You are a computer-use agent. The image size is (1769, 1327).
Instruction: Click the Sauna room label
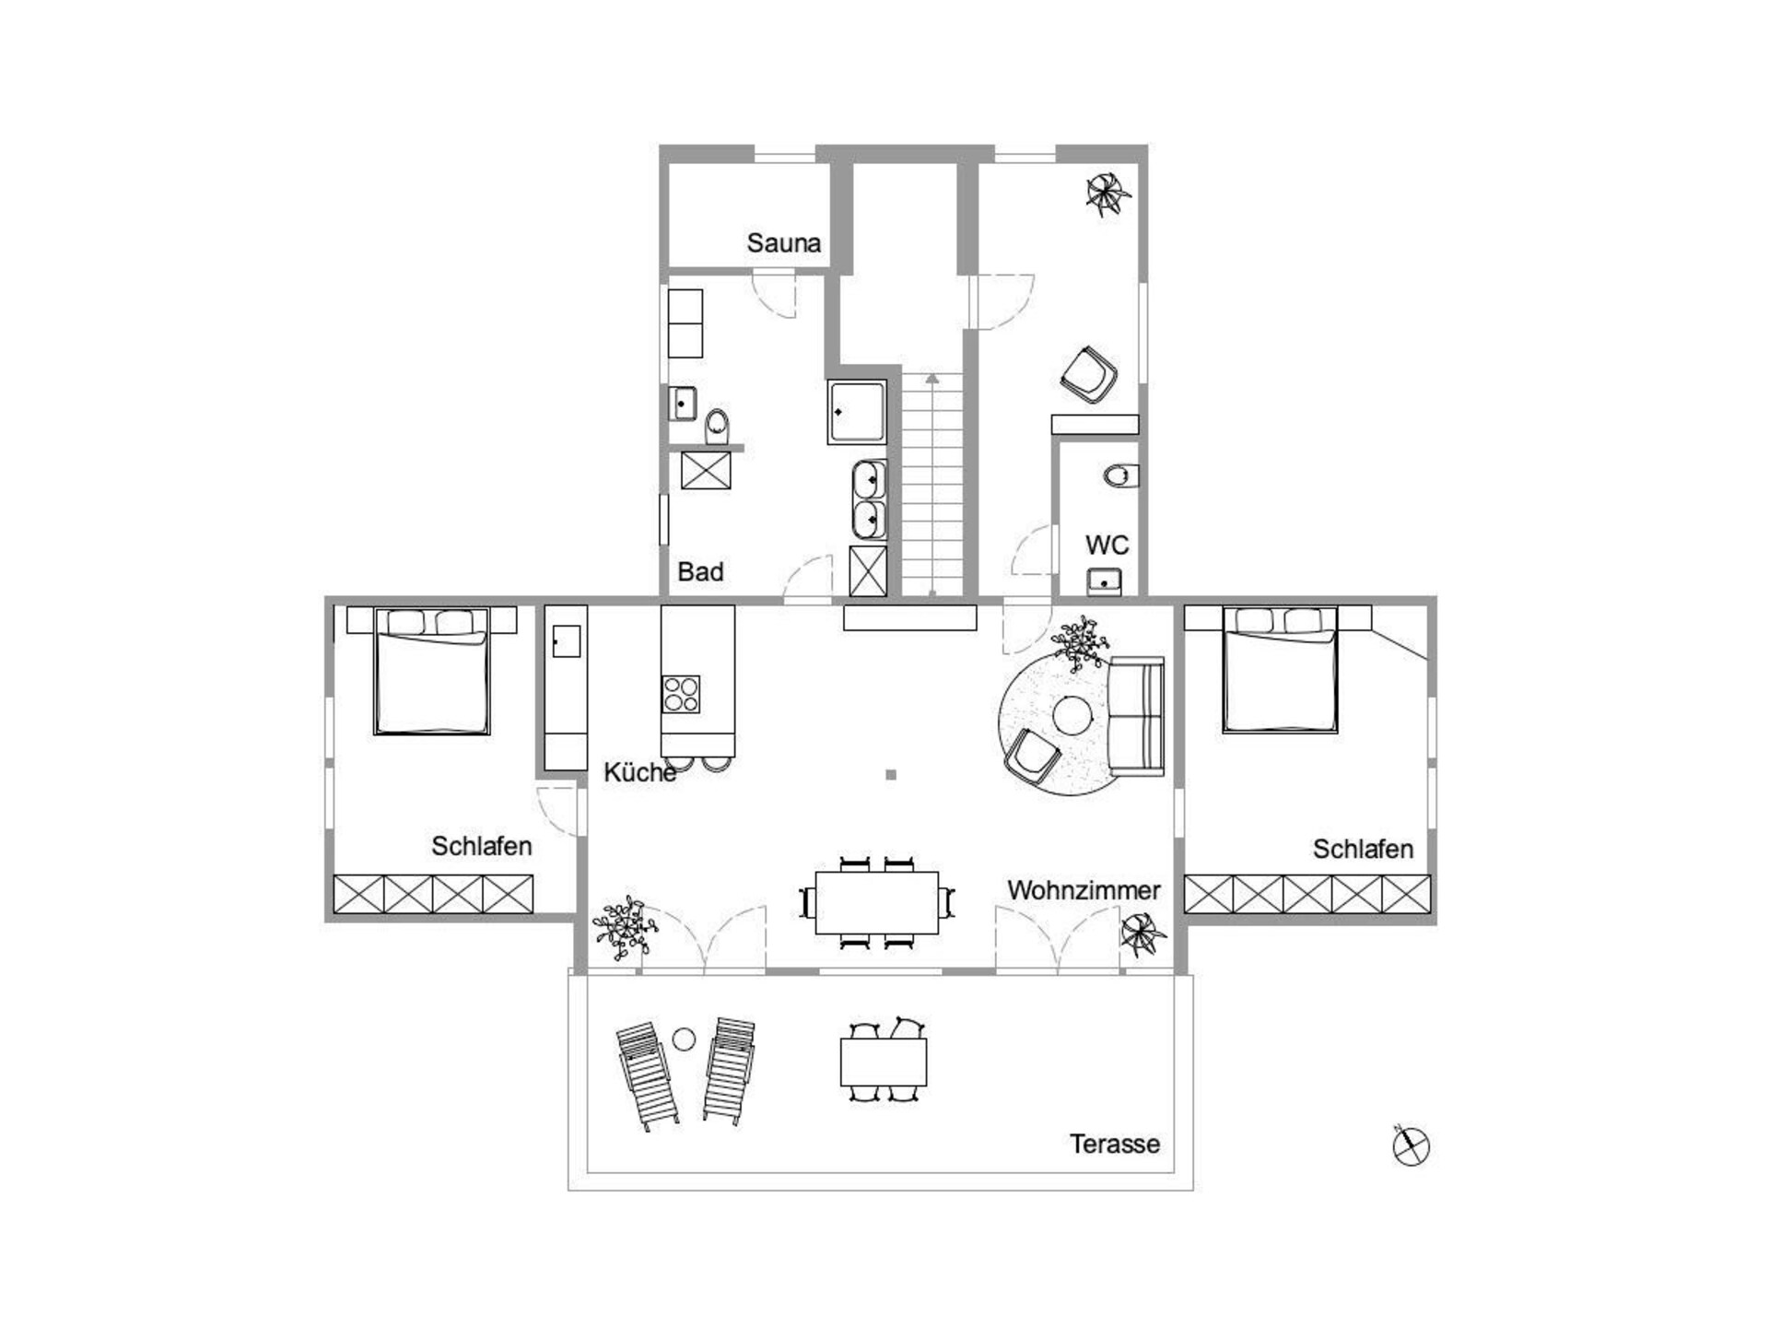tap(783, 243)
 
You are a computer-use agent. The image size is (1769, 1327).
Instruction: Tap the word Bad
tap(700, 571)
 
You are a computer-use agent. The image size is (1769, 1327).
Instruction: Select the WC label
tap(1107, 545)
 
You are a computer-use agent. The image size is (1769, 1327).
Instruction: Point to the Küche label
tap(639, 772)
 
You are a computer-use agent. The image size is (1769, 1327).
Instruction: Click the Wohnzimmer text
tap(1084, 890)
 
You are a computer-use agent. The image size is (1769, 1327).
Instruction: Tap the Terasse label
tap(1115, 1144)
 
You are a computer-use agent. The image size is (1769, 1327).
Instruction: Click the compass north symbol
tap(1411, 1145)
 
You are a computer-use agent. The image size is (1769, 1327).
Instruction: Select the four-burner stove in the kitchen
tap(681, 694)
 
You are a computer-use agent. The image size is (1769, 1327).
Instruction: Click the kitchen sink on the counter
tap(566, 641)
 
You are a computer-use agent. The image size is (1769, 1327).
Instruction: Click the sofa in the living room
tap(1136, 716)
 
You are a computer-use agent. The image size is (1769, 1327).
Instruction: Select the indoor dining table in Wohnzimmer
tap(876, 902)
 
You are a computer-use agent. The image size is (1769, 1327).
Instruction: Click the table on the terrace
tap(883, 1062)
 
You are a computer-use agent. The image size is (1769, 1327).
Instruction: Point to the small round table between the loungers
tap(684, 1039)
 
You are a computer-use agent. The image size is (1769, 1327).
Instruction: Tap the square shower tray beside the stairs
tap(857, 411)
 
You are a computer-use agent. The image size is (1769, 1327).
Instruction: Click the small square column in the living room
tap(891, 775)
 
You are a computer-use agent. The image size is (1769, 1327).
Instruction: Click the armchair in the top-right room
tap(1089, 375)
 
